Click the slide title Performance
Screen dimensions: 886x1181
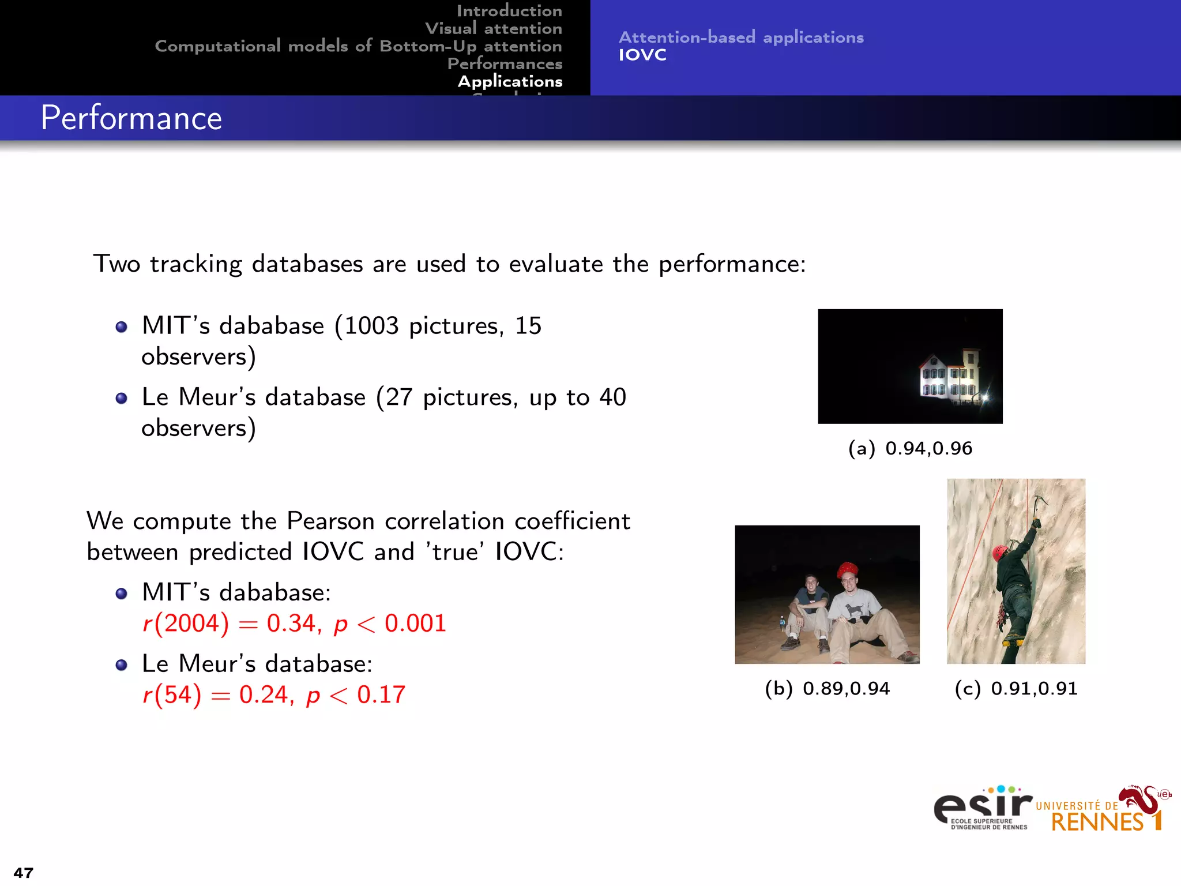point(131,118)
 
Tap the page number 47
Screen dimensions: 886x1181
point(24,872)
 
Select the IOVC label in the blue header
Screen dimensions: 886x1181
point(642,55)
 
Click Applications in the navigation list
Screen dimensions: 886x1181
point(510,81)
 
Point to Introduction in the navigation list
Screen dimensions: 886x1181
point(509,11)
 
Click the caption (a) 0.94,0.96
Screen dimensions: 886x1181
point(910,448)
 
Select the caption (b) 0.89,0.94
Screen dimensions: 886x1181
point(827,688)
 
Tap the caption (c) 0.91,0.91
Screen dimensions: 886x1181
point(1016,688)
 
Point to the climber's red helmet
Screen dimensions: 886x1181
point(999,552)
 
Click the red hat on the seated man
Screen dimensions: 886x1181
point(847,569)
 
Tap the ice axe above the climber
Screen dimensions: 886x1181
point(1039,503)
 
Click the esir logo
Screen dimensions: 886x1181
point(982,808)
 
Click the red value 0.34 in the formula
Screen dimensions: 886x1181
point(291,624)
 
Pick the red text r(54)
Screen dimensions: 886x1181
point(172,694)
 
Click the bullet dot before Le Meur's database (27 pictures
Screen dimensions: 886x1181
point(121,399)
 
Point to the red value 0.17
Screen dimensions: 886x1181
point(381,694)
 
